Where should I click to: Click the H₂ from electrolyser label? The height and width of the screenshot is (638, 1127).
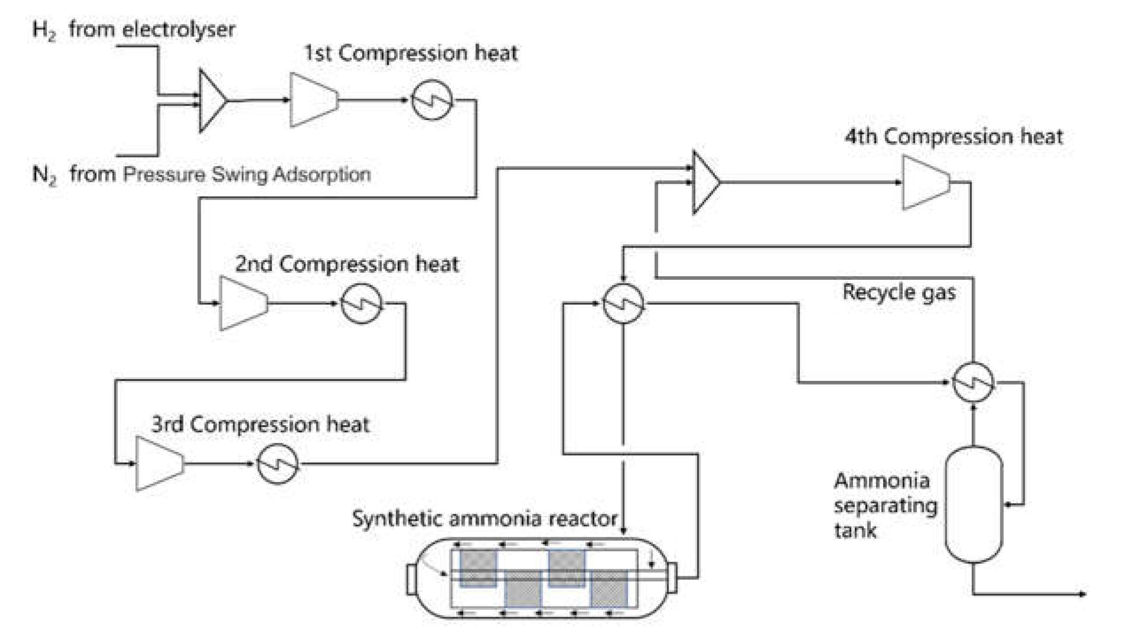click(x=133, y=30)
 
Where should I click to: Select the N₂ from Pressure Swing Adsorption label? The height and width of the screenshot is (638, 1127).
click(x=202, y=174)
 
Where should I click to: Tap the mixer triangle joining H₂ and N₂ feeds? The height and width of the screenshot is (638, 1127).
click(x=211, y=101)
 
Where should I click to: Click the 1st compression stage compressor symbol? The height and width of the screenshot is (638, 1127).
click(x=313, y=100)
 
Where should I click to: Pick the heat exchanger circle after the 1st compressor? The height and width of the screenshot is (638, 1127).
click(x=432, y=100)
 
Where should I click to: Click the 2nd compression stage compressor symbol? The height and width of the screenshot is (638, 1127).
click(x=243, y=304)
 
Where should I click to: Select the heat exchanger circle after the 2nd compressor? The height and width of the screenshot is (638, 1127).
click(x=361, y=304)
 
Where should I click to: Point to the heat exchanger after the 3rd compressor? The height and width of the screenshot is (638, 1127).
click(x=278, y=464)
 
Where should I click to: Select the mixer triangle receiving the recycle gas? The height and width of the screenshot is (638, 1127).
click(x=705, y=182)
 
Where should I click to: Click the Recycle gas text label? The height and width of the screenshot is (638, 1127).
click(x=899, y=293)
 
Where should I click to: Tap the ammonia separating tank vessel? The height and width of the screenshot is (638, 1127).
click(x=974, y=505)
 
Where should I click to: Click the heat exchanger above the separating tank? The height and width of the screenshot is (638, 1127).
click(x=974, y=382)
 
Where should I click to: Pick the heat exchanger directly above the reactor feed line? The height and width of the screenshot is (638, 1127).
click(x=623, y=304)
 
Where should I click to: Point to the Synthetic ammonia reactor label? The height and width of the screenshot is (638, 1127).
click(x=484, y=518)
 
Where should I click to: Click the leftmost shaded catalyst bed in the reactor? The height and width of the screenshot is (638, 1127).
click(x=478, y=568)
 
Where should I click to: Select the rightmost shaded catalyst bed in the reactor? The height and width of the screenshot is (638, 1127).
click(x=610, y=588)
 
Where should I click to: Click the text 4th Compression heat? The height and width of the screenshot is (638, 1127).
click(x=953, y=137)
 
